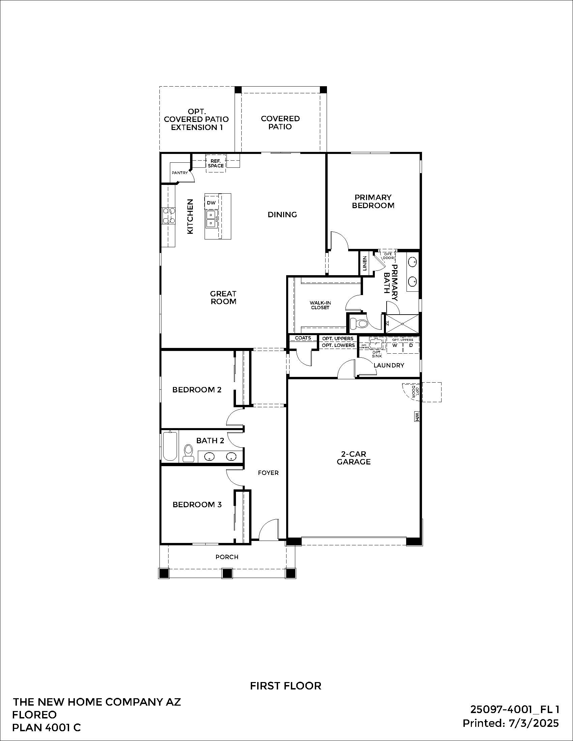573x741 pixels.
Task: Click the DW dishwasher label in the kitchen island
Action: click(x=211, y=202)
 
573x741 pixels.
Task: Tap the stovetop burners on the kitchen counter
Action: click(x=169, y=216)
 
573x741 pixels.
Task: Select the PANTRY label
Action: click(x=180, y=173)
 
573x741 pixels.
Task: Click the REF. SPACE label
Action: click(x=216, y=163)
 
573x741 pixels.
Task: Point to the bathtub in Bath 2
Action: click(x=170, y=446)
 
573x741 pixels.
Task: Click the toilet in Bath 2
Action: click(x=188, y=452)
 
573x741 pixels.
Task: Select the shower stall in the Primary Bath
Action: click(x=402, y=324)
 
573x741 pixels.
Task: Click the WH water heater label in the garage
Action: click(x=416, y=416)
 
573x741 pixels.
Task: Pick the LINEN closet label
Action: click(x=365, y=263)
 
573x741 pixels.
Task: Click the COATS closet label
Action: click(x=303, y=338)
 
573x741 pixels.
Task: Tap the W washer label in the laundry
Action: click(x=395, y=345)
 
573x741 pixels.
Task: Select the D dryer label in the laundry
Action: click(x=411, y=345)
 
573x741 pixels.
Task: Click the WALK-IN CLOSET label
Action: click(x=320, y=305)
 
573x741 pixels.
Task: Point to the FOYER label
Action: click(x=268, y=473)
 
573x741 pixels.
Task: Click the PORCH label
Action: click(x=227, y=557)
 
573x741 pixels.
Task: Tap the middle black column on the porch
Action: click(x=227, y=573)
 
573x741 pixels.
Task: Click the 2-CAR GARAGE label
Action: click(x=353, y=458)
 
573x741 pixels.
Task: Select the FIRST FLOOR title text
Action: click(x=285, y=686)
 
